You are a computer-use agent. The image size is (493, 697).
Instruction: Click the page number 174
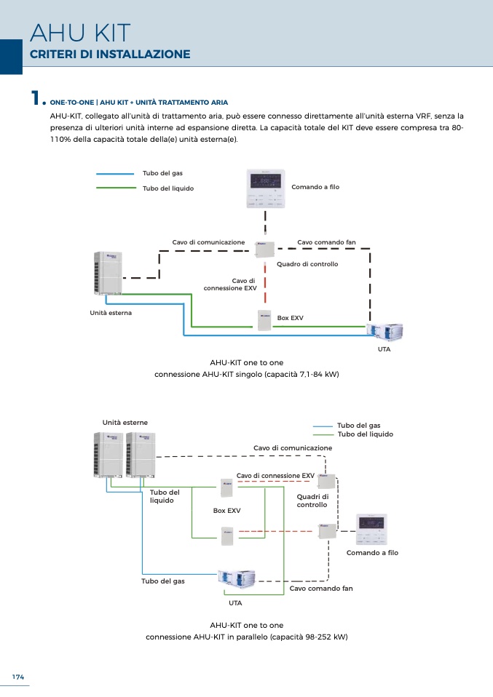pyautogui.click(x=18, y=677)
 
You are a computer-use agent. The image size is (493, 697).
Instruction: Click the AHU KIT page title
pyautogui.click(x=80, y=33)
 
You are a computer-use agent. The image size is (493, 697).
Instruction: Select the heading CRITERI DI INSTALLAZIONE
pyautogui.click(x=110, y=55)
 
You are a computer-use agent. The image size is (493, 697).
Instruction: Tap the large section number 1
pyautogui.click(x=34, y=98)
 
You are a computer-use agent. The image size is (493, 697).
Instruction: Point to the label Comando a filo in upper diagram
pyautogui.click(x=315, y=187)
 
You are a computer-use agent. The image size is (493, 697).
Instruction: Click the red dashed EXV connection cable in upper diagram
pyautogui.click(x=265, y=284)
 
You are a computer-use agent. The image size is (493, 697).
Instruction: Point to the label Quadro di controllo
pyautogui.click(x=307, y=264)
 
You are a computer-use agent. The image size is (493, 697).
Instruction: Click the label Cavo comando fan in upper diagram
pyautogui.click(x=326, y=242)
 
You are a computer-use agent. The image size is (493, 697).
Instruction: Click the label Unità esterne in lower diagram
pyautogui.click(x=125, y=423)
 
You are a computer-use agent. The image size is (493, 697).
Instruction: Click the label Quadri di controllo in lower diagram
pyautogui.click(x=312, y=501)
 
